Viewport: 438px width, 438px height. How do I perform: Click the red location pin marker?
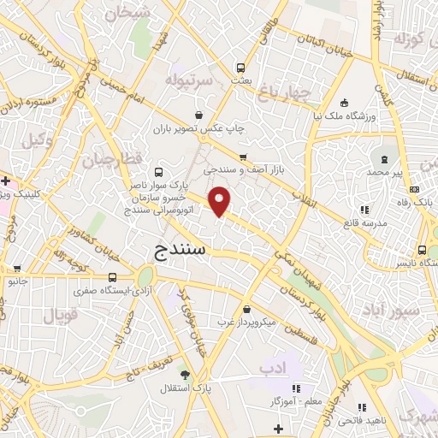pyautogui.click(x=221, y=202)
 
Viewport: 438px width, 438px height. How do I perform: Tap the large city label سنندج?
pyautogui.click(x=183, y=250)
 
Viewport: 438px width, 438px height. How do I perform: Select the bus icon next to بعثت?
pyautogui.click(x=241, y=67)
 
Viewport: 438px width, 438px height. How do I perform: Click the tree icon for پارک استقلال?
pyautogui.click(x=184, y=374)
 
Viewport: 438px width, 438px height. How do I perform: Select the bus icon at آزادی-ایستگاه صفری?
pyautogui.click(x=113, y=277)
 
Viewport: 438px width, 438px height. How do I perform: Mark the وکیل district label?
pyautogui.click(x=36, y=139)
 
